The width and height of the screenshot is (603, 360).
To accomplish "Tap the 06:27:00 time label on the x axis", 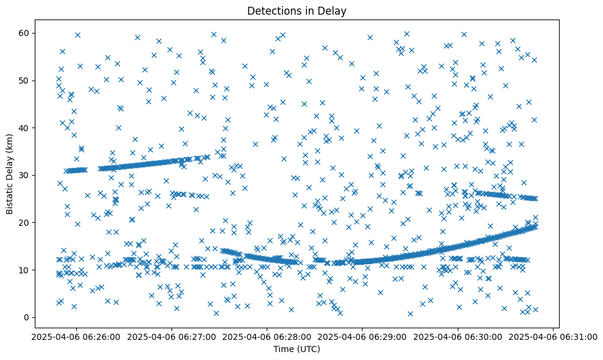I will click(172, 336).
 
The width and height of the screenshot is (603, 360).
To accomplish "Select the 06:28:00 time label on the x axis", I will click(267, 336).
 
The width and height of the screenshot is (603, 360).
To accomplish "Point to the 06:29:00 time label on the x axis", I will click(363, 336).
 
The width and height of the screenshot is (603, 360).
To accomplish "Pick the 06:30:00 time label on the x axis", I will click(458, 336).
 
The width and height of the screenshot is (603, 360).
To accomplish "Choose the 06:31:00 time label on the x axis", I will click(553, 336).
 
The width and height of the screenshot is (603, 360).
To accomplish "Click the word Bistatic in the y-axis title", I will click(10, 194).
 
